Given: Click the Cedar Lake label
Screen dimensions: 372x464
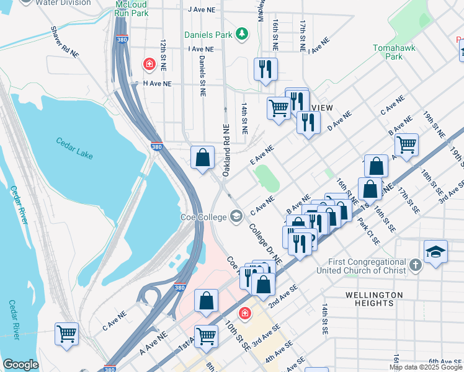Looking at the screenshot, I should coord(74,141).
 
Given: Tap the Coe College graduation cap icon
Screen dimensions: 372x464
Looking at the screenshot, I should coord(236,216).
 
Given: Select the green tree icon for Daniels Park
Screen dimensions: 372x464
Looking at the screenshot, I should coord(244,33).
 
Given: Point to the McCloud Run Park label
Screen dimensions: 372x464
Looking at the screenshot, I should coord(131,8).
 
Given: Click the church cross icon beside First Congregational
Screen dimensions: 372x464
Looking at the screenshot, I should coord(416,265).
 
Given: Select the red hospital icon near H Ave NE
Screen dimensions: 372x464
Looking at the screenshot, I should coord(149,64).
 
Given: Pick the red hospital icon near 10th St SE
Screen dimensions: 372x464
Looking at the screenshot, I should coord(245,314).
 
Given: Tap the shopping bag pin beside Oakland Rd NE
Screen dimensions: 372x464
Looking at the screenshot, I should coord(202,157).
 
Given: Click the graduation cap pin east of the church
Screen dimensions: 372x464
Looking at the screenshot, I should coord(435,252).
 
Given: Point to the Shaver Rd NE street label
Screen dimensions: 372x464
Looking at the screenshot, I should coord(66,42).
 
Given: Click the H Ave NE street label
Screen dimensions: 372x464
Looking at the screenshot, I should coord(157,82).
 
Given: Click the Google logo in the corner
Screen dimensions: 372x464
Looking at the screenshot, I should coord(20,365).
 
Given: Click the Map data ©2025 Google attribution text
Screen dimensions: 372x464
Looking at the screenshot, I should coord(426,367).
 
